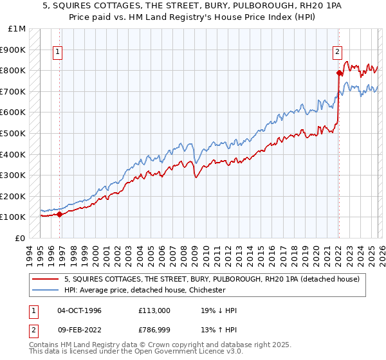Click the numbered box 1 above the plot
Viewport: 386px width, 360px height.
click(58, 53)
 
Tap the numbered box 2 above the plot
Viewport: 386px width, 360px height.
click(337, 53)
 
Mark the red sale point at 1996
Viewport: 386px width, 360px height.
click(60, 214)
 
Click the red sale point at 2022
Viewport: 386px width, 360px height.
click(338, 73)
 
